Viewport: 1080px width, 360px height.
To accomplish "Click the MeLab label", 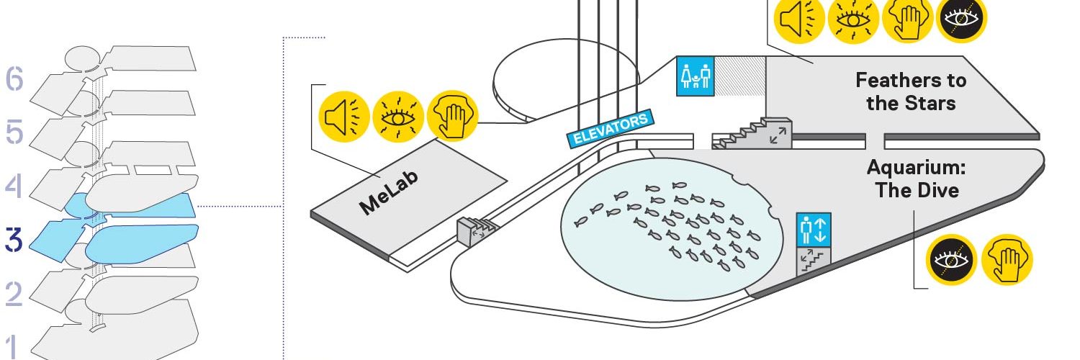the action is [389, 192].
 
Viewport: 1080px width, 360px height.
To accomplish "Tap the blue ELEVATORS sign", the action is [611, 127].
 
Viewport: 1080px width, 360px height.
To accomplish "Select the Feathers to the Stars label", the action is [911, 91].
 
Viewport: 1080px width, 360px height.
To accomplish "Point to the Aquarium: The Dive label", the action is [917, 179].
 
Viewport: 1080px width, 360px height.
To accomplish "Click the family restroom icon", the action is [695, 76].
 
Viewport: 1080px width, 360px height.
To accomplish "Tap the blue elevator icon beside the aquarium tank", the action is [814, 230].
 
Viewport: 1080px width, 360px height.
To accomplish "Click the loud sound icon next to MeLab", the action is [344, 117].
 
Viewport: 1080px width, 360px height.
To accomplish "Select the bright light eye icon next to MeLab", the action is [398, 117].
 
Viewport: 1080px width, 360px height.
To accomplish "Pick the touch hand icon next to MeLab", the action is [452, 117].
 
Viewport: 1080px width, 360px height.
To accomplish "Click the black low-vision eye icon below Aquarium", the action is [951, 260].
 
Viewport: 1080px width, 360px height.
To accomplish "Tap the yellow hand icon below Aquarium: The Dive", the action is [1008, 260].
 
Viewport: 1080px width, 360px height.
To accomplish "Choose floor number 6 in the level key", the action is [14, 78].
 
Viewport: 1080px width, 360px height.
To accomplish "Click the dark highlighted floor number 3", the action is [14, 240].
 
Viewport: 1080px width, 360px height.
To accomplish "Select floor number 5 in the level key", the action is [14, 132].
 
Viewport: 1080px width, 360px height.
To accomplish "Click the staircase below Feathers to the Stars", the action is [752, 133].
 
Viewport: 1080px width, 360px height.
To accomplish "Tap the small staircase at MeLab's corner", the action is [475, 231].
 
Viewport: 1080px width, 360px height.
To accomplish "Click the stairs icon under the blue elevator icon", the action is [814, 261].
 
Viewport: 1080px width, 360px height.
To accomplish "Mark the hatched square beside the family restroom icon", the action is [739, 76].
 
